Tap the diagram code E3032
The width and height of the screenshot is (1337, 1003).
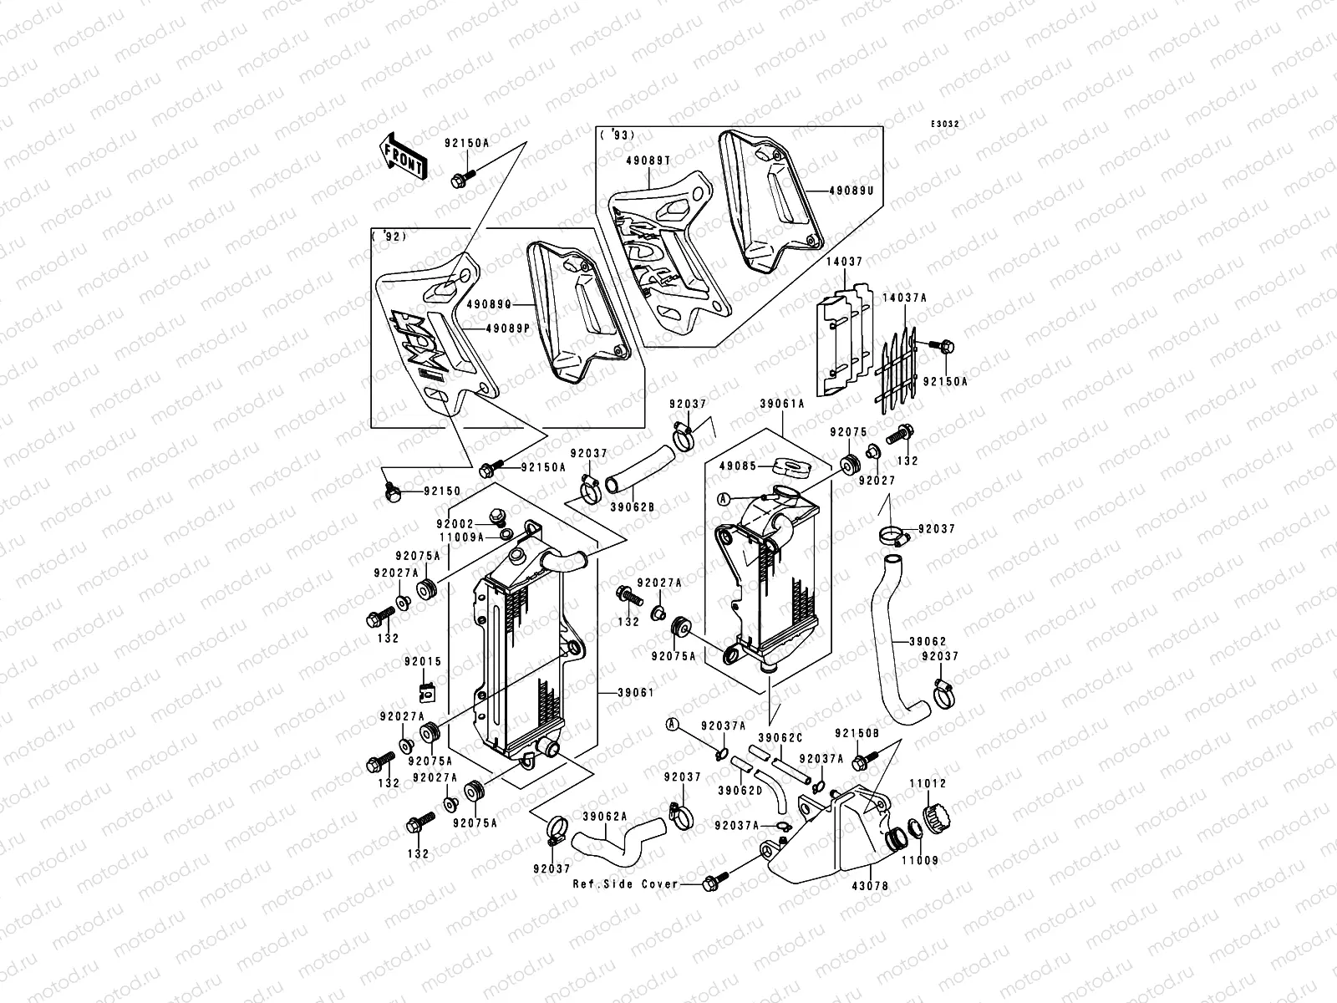pyautogui.click(x=947, y=125)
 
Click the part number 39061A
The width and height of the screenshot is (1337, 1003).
pyautogui.click(x=781, y=404)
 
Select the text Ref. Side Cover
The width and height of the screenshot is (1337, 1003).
pyautogui.click(x=625, y=883)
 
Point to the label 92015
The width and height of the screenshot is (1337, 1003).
pyautogui.click(x=426, y=661)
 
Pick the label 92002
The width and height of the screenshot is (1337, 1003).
pyautogui.click(x=455, y=523)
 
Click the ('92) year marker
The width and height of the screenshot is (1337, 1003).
pyautogui.click(x=387, y=237)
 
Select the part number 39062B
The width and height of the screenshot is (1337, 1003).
pyautogui.click(x=631, y=507)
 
